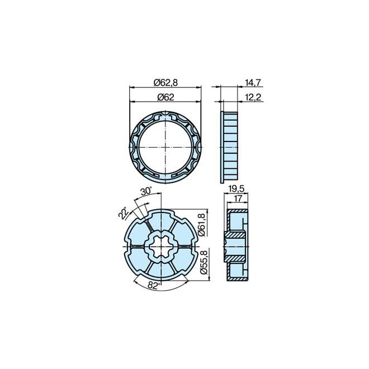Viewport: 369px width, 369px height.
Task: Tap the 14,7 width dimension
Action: [253, 83]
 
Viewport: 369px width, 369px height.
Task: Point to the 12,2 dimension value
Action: [253, 97]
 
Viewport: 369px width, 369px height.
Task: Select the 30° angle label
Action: [146, 191]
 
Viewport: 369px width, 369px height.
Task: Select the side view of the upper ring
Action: [230, 146]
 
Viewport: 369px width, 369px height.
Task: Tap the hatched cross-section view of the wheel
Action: [236, 246]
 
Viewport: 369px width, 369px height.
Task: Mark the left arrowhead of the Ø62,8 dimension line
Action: [132, 87]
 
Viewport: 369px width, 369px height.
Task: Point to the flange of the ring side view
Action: [223, 146]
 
